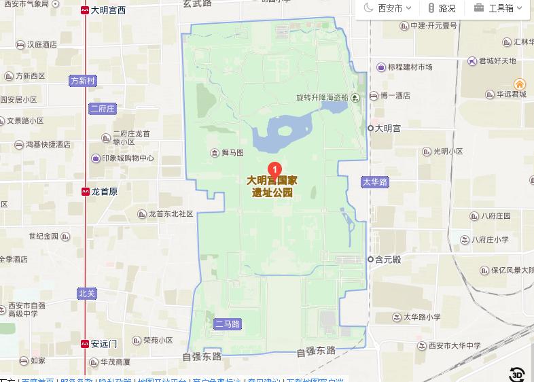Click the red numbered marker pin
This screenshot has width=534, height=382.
[274, 169]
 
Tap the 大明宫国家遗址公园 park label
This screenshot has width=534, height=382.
[272, 186]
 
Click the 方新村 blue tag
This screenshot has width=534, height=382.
[84, 81]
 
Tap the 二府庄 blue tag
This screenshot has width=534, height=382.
[103, 108]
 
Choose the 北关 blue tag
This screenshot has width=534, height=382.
[86, 294]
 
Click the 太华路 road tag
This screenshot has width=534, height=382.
[374, 182]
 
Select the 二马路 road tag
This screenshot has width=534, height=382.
[227, 324]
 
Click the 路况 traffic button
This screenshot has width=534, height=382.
[442, 8]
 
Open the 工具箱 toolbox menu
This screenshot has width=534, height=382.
[499, 8]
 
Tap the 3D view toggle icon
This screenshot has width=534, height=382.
[518, 373]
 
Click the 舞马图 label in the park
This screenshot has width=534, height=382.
[228, 153]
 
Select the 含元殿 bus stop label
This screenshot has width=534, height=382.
[388, 259]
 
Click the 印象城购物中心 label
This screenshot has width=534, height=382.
[123, 158]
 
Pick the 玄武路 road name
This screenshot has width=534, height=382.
[198, 4]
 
